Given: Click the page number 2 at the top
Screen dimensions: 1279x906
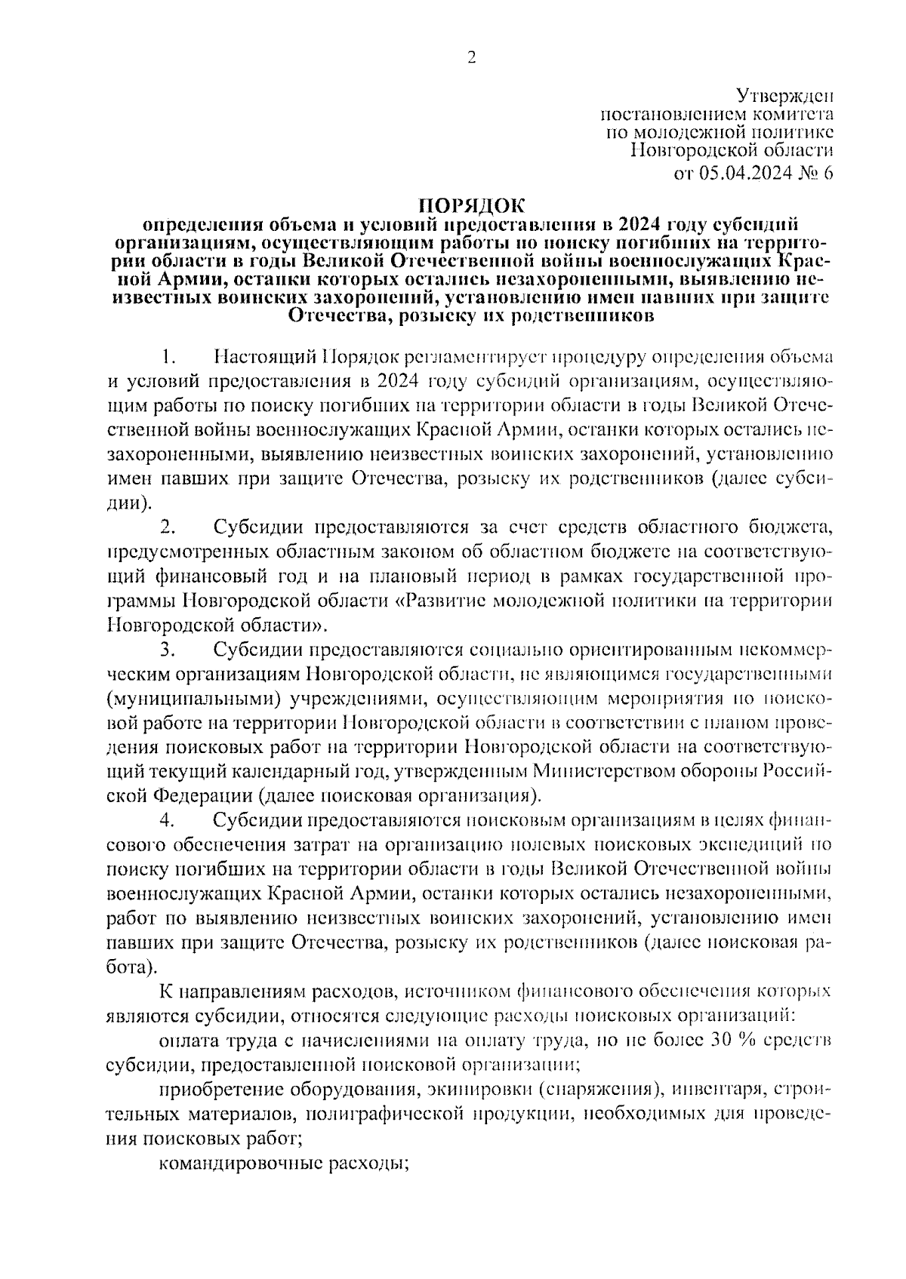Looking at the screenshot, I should point(472,58).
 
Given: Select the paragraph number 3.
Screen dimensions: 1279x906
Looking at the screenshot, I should point(168,650).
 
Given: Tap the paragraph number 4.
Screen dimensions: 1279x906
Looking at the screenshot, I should point(168,819).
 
